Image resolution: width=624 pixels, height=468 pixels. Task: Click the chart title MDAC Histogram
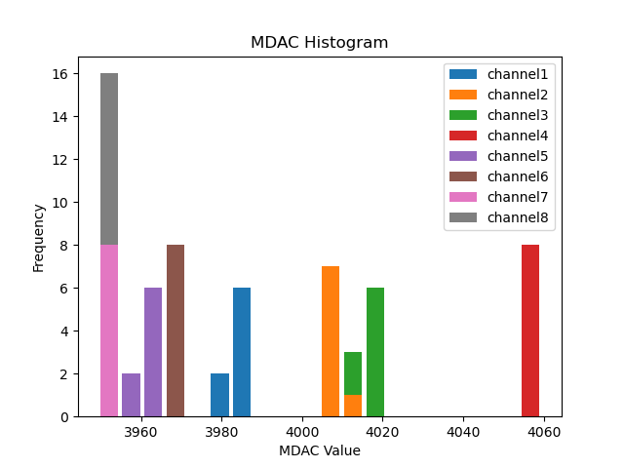(x=319, y=43)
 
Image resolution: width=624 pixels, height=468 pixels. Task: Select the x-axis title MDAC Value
(x=319, y=450)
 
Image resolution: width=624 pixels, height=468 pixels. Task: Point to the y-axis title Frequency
(x=39, y=237)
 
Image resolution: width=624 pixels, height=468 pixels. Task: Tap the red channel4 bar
(x=530, y=331)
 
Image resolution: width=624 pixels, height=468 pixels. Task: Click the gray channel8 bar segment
(x=109, y=159)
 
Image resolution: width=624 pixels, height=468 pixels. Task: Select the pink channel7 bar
(x=109, y=331)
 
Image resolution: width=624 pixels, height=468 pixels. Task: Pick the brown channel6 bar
(x=175, y=331)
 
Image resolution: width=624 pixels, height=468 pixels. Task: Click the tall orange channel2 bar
(x=331, y=341)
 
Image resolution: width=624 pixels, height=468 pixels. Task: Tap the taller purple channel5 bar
(x=153, y=352)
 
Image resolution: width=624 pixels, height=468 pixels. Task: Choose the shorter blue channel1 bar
(x=220, y=395)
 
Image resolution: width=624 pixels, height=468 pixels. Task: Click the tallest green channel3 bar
(x=375, y=352)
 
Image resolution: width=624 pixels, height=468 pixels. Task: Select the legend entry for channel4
(x=500, y=136)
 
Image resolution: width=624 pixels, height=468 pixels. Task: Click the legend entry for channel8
(x=500, y=216)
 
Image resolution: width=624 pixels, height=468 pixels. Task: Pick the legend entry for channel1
(x=500, y=74)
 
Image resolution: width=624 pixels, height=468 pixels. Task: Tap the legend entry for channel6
(x=500, y=176)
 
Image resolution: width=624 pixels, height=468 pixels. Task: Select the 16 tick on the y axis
(x=60, y=74)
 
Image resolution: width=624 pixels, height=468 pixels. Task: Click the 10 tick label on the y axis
(x=60, y=203)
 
